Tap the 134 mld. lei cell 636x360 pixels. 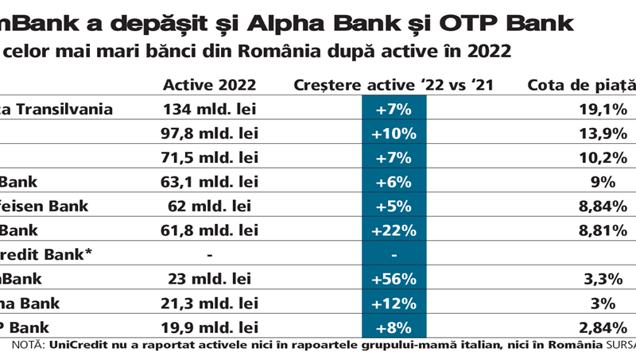click(210, 110)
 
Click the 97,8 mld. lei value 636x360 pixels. click(210, 134)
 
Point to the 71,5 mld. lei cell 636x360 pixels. click(210, 158)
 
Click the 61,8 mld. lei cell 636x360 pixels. click(210, 230)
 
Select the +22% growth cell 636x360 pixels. click(394, 230)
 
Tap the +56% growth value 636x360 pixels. click(394, 279)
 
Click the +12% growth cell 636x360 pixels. click(394, 303)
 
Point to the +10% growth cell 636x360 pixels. click(394, 134)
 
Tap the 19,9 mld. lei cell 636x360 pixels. click(210, 327)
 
